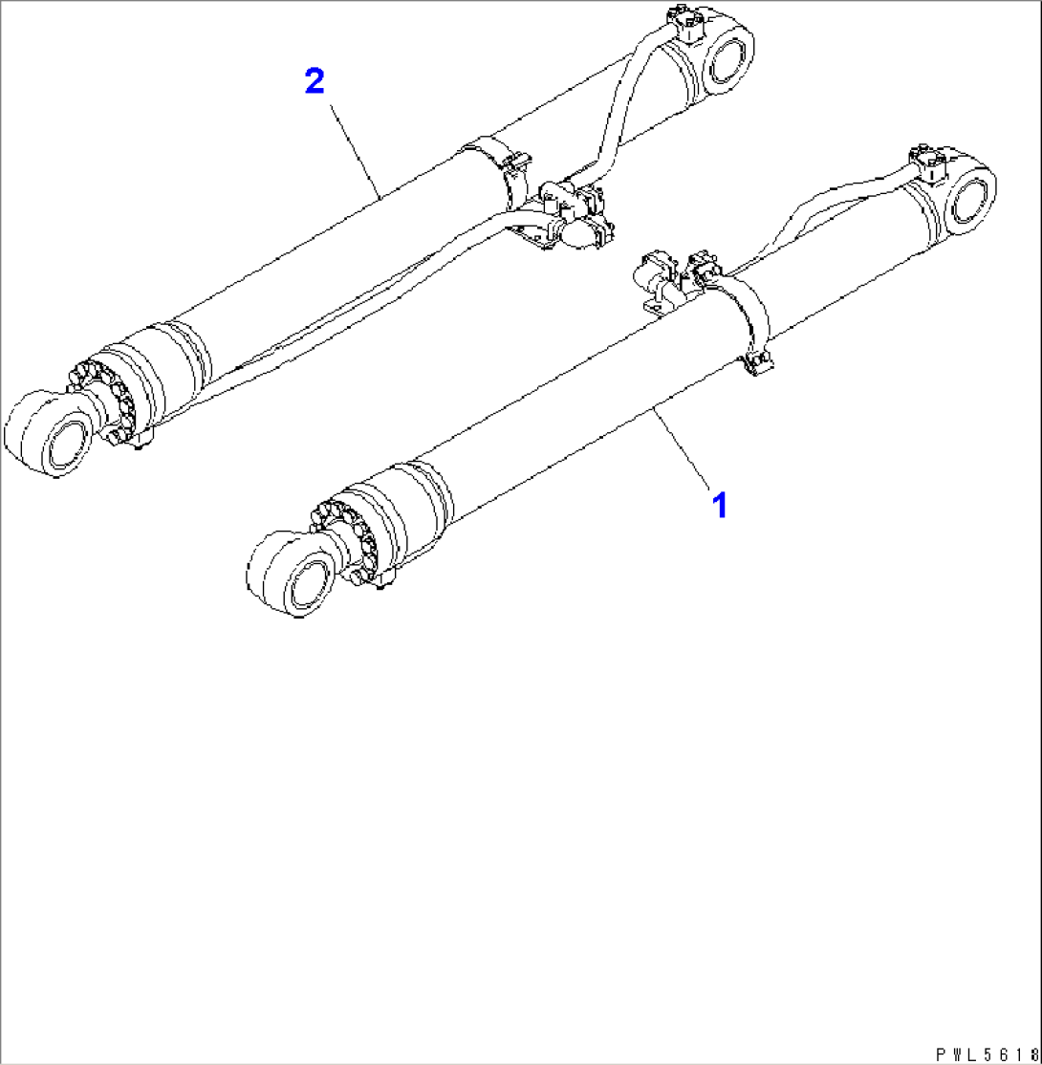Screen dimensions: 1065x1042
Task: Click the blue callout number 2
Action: (x=315, y=81)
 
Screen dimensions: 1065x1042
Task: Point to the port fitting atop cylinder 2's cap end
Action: (x=686, y=21)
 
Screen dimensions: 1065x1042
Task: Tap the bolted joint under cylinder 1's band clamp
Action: (x=758, y=363)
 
